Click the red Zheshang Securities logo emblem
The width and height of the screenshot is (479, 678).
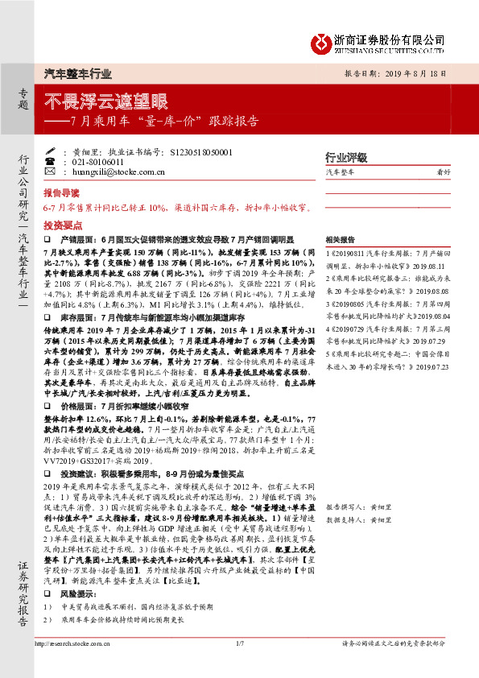[321, 39]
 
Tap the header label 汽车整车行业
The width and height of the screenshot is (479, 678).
[77, 73]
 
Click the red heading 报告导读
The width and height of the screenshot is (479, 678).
[61, 194]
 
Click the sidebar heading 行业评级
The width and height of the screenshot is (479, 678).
[345, 157]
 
